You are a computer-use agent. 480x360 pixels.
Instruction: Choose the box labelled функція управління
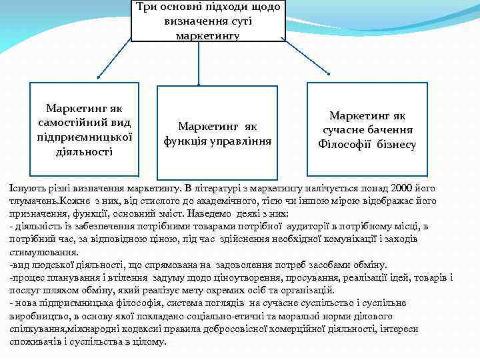217,133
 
